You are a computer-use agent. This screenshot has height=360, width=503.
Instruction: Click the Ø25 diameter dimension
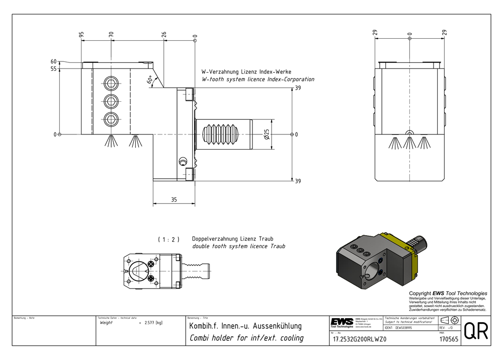[x=267, y=134]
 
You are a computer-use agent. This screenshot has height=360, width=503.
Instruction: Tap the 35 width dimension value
[x=174, y=200]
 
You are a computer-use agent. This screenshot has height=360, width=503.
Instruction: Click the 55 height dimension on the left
[x=53, y=69]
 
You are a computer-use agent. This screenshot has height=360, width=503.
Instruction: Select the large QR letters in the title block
[x=475, y=331]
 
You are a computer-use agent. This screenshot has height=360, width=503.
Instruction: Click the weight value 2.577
[x=149, y=322]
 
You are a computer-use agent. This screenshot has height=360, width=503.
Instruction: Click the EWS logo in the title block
[x=342, y=322]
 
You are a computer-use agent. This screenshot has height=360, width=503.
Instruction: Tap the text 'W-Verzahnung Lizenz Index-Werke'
[x=246, y=71]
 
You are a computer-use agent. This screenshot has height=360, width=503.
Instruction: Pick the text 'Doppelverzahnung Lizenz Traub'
[x=232, y=238]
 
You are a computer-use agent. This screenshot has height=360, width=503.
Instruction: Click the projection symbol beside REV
[x=450, y=321]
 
